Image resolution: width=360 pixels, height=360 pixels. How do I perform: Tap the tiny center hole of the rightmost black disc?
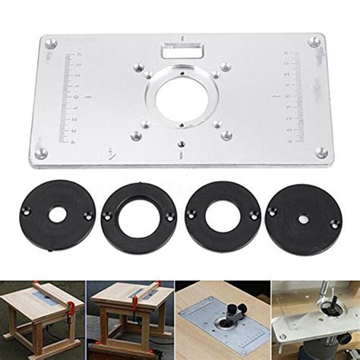point(304,219)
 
